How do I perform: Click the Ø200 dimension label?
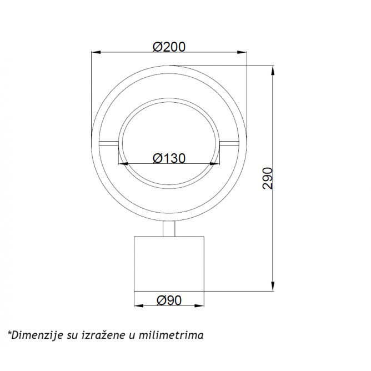(x=169, y=47)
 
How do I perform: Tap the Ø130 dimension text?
(x=169, y=158)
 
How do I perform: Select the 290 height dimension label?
(x=268, y=178)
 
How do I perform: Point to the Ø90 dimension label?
(x=169, y=300)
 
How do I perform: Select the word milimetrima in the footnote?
(x=171, y=335)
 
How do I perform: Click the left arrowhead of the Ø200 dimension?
(x=96, y=52)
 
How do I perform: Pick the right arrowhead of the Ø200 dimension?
(x=242, y=52)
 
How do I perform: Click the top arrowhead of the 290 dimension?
(x=273, y=71)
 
